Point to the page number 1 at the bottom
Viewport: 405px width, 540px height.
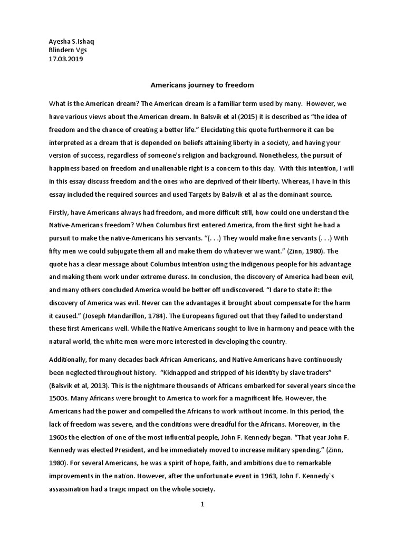[x=202, y=505]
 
